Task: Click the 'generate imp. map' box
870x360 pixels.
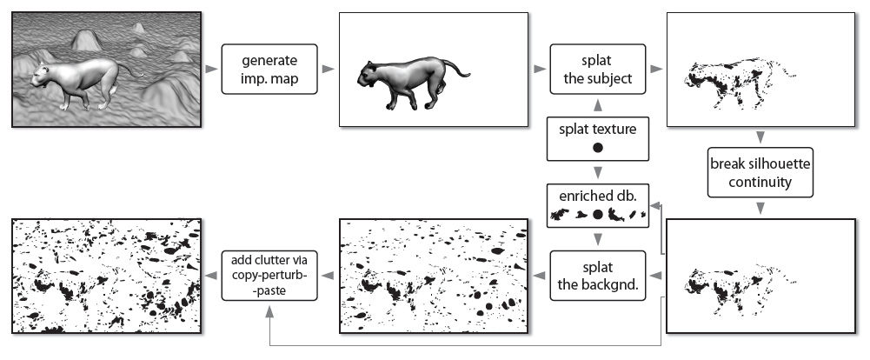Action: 269,70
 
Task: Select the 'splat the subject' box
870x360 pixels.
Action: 597,70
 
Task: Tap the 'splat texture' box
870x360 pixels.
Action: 597,138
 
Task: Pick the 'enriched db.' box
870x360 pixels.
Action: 597,205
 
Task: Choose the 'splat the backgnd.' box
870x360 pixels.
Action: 597,276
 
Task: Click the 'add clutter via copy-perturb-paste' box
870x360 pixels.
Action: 269,276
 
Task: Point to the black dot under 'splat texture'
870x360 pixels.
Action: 597,149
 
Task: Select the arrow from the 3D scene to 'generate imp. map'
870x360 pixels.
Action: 210,69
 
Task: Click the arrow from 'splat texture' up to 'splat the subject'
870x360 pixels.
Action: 597,104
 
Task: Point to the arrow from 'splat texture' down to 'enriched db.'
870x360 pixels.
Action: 597,172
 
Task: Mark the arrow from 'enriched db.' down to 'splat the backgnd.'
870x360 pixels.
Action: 597,239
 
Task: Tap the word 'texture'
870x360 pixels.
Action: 615,128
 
